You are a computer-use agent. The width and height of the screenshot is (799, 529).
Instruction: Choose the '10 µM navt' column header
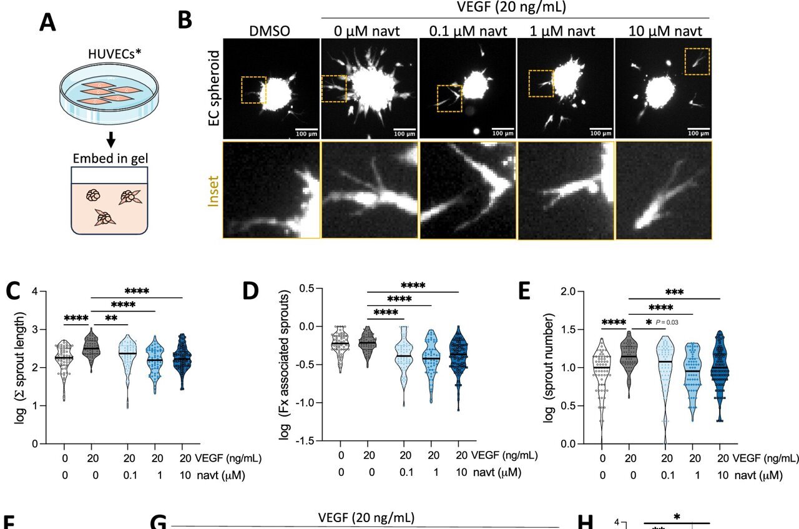pyautogui.click(x=664, y=31)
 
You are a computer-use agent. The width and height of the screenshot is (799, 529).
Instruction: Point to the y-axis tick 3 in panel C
pyautogui.click(x=36, y=329)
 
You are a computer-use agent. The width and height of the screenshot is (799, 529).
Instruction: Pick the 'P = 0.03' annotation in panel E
pyautogui.click(x=675, y=322)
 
